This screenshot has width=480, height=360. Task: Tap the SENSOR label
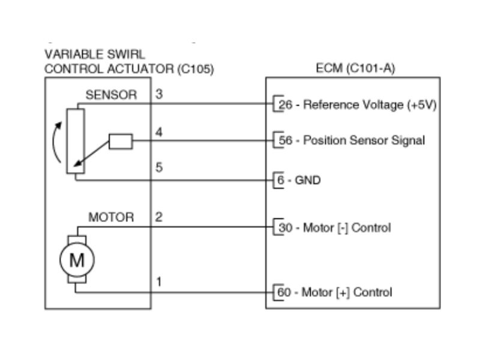coord(111,95)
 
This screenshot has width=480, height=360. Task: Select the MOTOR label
coord(111,217)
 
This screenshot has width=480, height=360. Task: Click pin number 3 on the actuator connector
coord(158,94)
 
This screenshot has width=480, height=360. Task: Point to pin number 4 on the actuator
coord(158,133)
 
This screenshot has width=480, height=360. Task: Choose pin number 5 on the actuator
coord(158,168)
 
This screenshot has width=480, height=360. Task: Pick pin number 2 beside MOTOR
coord(158,217)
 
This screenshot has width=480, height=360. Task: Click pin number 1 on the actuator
coord(158,281)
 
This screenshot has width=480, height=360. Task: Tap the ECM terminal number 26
coord(286,105)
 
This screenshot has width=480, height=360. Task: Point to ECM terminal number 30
coord(286,228)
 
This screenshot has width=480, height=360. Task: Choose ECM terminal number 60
coord(286,293)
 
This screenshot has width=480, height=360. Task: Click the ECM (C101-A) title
coord(355,68)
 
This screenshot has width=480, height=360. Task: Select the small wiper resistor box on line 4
coord(121,142)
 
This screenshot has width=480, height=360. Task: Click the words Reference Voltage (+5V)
coord(370,105)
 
